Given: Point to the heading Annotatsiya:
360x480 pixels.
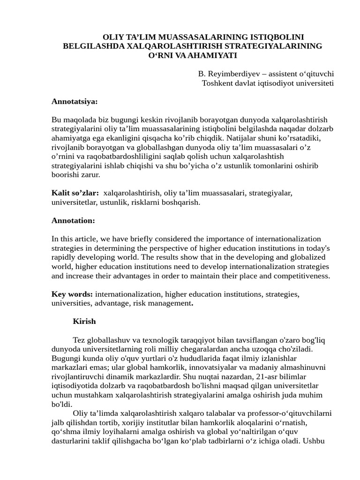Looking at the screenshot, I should click(75, 102).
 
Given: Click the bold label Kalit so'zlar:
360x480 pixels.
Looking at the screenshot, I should click(75, 193).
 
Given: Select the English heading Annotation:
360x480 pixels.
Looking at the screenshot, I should click(73, 220).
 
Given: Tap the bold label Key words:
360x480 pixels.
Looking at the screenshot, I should click(72, 294).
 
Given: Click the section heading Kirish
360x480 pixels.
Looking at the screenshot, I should click(84, 322).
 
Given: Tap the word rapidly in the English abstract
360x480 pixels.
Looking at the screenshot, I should click(64, 257).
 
